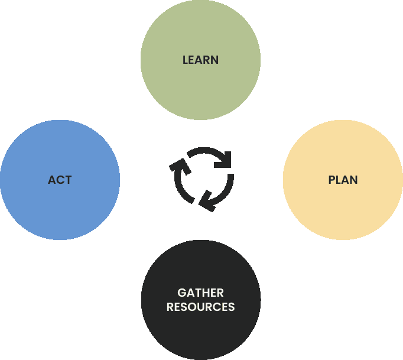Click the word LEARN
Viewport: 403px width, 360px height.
pyautogui.click(x=200, y=60)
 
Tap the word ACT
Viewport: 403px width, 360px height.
pyautogui.click(x=60, y=180)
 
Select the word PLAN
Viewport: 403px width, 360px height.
pyautogui.click(x=343, y=180)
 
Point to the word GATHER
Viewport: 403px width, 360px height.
pyautogui.click(x=200, y=293)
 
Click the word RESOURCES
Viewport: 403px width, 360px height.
pyautogui.click(x=200, y=307)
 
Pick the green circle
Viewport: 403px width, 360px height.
pyautogui.click(x=200, y=35)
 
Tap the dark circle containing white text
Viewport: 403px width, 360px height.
pyautogui.click(x=200, y=331)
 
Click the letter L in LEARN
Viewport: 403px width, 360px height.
pyautogui.click(x=185, y=60)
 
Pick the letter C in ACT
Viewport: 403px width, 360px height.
pyautogui.click(x=60, y=180)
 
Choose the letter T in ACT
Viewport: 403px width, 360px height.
pyautogui.click(x=68, y=180)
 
